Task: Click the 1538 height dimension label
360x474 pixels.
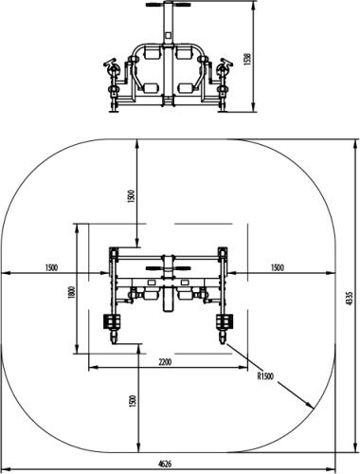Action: pos(247,59)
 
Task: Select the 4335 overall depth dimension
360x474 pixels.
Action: pos(349,299)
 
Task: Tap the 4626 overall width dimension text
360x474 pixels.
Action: pos(165,464)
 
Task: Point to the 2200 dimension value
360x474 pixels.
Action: pos(165,362)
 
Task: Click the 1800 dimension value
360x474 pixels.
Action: pos(72,292)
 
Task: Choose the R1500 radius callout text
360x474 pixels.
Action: pos(265,376)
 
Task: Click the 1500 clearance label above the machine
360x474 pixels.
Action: pos(132,196)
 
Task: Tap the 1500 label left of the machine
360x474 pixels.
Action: pos(51,267)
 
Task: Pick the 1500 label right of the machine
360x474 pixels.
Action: pos(278,267)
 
